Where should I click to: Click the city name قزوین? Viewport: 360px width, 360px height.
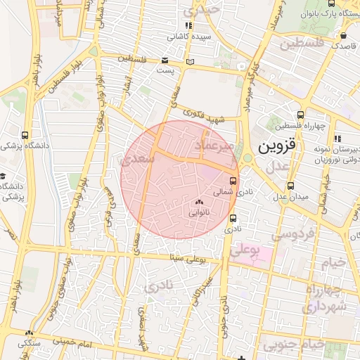click(278, 148)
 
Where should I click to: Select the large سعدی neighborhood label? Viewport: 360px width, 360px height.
click(138, 159)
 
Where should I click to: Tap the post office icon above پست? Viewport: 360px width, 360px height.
click(165, 61)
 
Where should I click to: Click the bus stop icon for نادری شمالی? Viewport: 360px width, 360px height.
click(233, 180)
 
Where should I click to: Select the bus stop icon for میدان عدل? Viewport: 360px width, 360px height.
click(290, 186)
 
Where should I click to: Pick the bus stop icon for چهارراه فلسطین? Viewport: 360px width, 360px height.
click(301, 115)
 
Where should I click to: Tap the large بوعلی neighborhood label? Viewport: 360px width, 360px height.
click(245, 250)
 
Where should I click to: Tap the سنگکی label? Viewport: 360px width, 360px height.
click(29, 343)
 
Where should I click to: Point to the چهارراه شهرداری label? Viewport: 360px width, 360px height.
click(323, 300)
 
